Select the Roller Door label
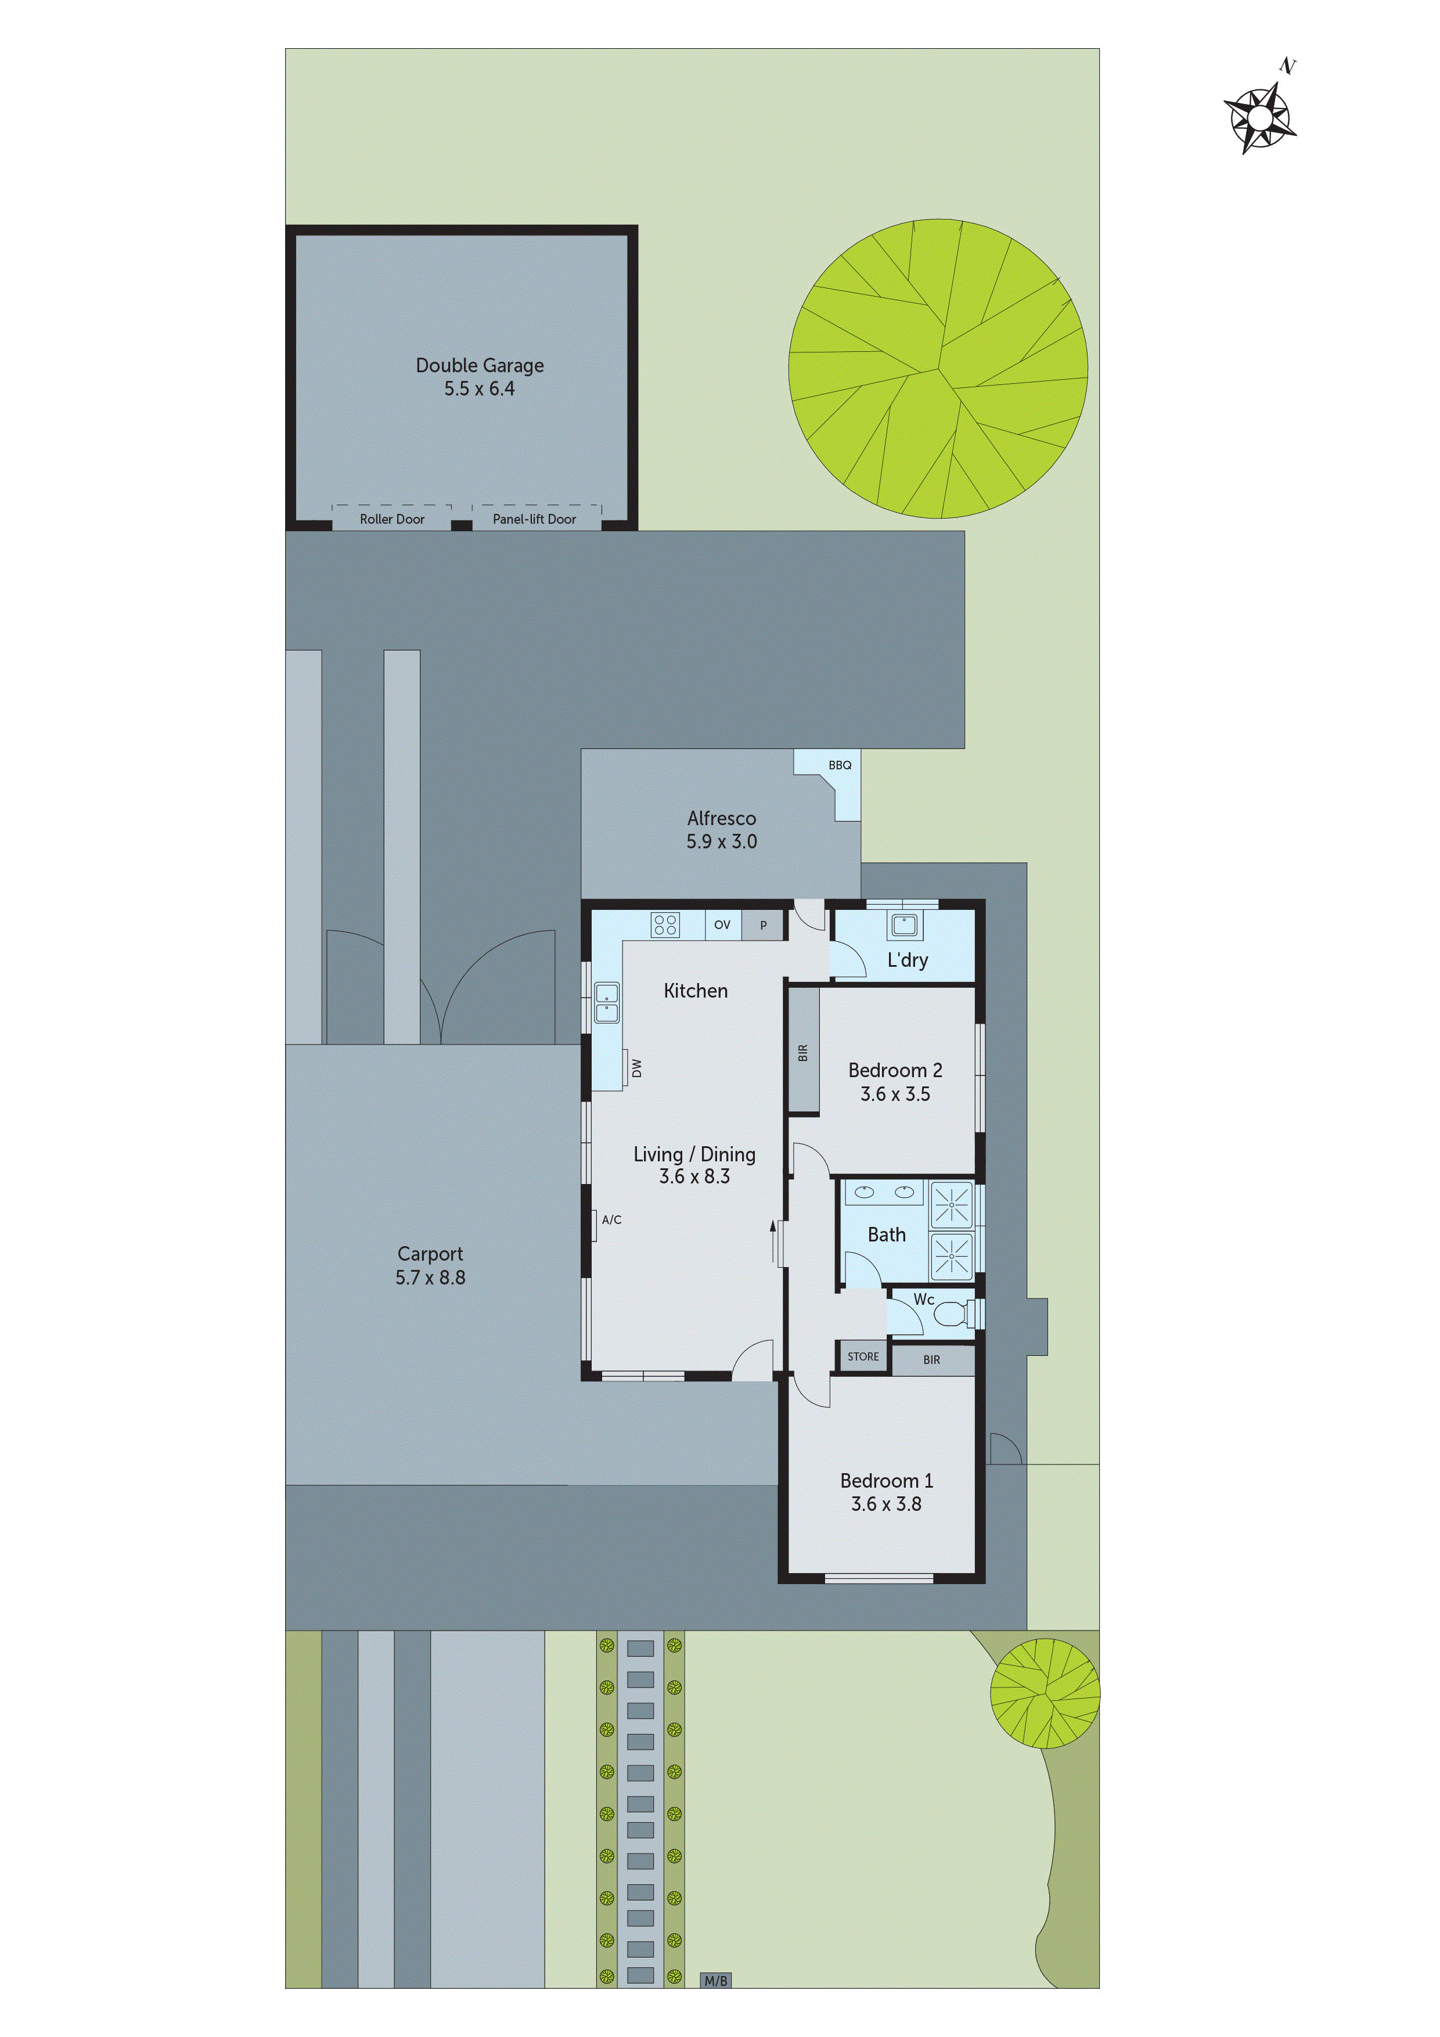(x=392, y=519)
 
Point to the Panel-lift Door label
(x=534, y=519)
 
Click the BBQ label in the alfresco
(x=840, y=765)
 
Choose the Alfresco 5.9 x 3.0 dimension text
(x=721, y=841)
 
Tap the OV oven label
(x=722, y=924)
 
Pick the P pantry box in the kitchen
(x=763, y=926)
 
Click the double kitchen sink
(x=607, y=1002)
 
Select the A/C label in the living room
(x=611, y=1220)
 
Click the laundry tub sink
(x=904, y=926)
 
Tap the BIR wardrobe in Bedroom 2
(x=804, y=1052)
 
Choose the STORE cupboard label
(x=862, y=1356)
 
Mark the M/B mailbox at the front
(x=715, y=1980)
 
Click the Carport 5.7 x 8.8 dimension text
(x=430, y=1277)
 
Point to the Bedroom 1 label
(x=887, y=1481)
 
